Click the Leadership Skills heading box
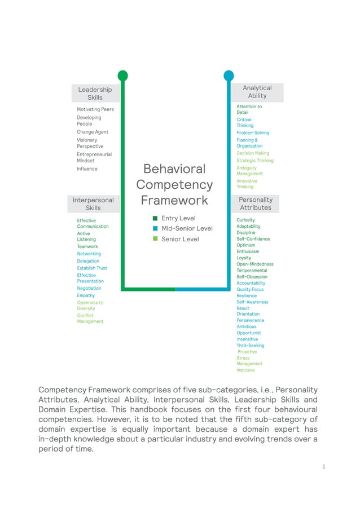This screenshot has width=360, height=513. (x=95, y=94)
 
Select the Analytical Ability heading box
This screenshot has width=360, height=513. (x=257, y=92)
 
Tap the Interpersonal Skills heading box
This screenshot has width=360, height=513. (x=93, y=204)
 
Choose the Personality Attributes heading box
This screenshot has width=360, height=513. (x=256, y=204)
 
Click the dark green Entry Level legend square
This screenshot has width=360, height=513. (x=155, y=218)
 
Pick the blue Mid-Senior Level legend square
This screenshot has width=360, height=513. (x=155, y=229)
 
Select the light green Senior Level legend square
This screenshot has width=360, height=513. (x=155, y=239)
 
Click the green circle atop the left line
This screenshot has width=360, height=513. (x=122, y=76)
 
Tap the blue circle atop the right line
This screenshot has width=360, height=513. (x=229, y=76)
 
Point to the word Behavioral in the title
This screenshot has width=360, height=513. (x=174, y=169)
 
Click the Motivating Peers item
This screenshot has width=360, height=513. (x=95, y=109)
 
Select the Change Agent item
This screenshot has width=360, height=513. (x=93, y=132)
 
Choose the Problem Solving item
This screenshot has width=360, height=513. (x=253, y=133)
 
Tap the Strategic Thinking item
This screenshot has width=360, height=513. (x=254, y=161)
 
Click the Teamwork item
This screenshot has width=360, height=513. (x=87, y=247)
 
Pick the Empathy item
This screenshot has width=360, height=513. (x=86, y=295)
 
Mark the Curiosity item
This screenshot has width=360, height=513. (x=245, y=220)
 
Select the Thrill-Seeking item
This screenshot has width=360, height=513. (x=250, y=346)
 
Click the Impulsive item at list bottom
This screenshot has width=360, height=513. (x=245, y=370)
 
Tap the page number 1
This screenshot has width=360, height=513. (x=324, y=466)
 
